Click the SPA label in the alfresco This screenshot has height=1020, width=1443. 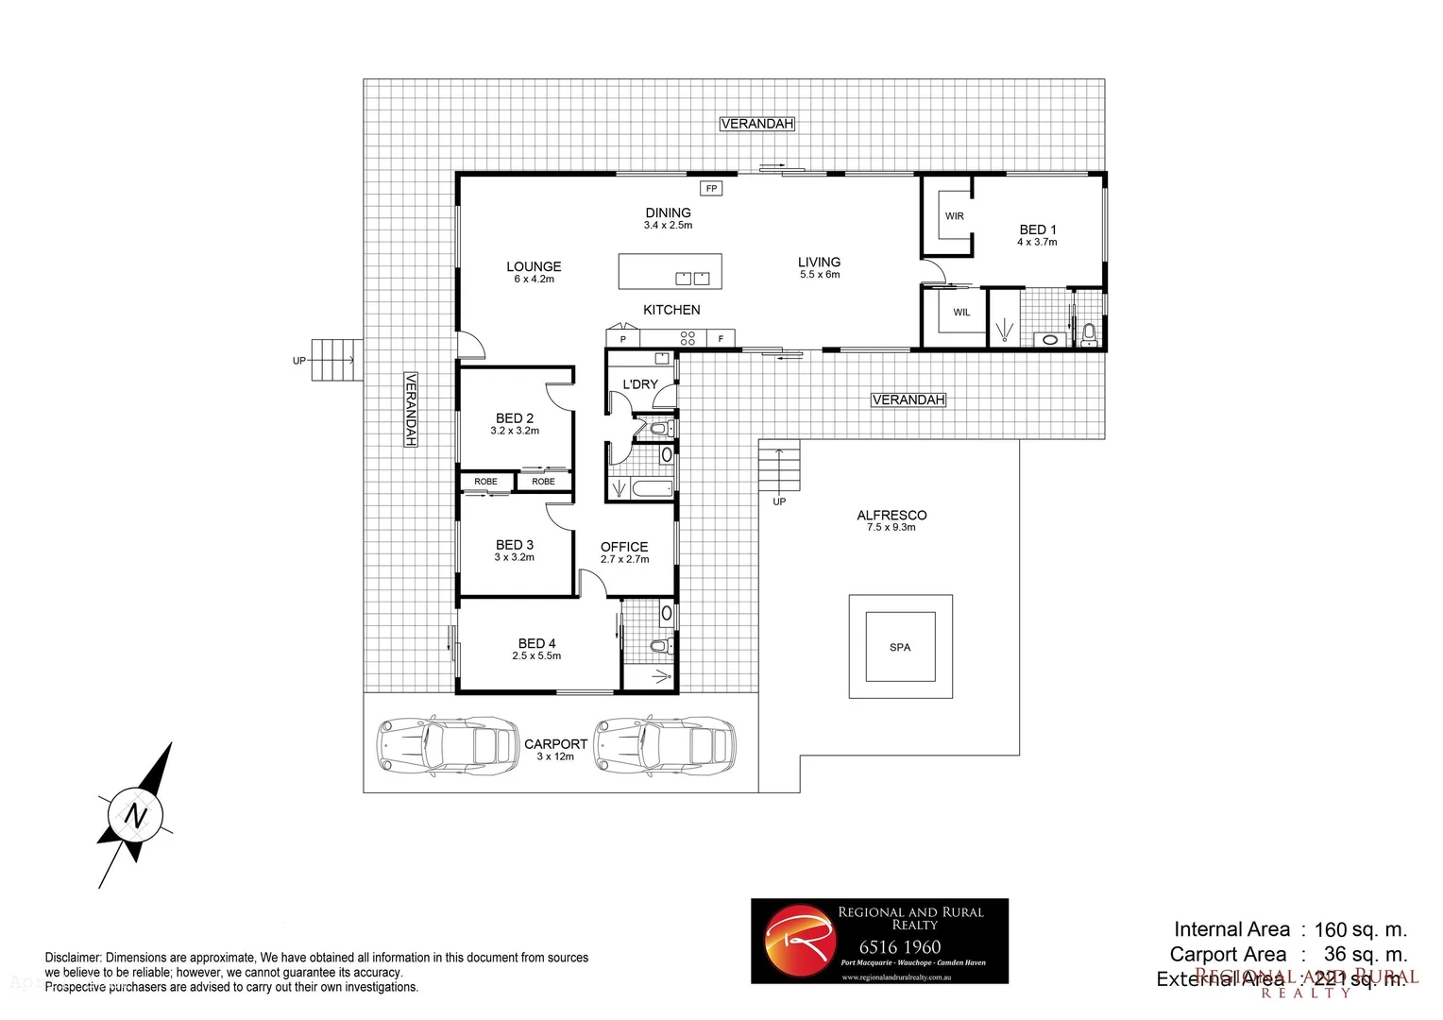coord(900,647)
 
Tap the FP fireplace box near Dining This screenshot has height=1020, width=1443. coord(711,188)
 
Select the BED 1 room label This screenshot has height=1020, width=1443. coord(1037,229)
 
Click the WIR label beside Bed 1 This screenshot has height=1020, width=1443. coord(955,216)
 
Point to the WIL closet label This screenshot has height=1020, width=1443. coord(961,313)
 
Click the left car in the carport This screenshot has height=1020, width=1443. coord(448,743)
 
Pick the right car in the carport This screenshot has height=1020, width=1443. coord(664,743)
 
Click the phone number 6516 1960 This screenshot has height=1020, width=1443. coord(900,947)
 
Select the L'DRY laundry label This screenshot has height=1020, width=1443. coord(639,384)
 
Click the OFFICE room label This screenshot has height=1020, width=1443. coord(624,547)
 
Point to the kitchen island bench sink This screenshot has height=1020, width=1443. coord(692,278)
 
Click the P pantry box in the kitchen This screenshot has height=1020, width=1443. coord(622,339)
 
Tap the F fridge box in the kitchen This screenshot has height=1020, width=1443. coord(721,339)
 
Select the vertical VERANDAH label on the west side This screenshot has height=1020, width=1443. coord(411,409)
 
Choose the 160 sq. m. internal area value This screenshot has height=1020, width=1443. coord(1360,929)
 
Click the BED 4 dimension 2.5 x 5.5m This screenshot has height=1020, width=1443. coord(536,655)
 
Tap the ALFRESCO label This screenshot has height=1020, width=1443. coord(891,515)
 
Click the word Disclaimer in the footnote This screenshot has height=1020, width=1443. coord(73,958)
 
